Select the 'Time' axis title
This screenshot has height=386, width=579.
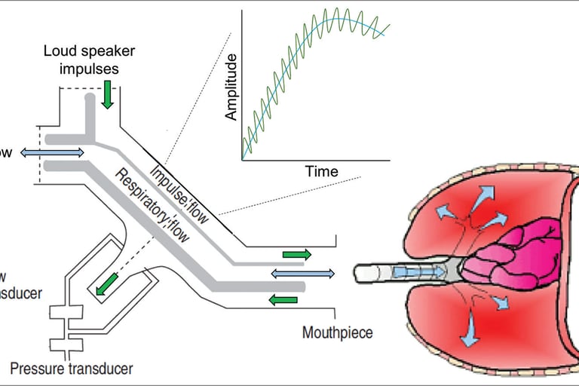click(321, 172)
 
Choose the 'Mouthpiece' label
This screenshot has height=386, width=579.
click(337, 332)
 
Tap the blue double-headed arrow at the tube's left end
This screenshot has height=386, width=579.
click(52, 153)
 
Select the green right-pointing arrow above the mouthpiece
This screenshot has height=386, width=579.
click(296, 255)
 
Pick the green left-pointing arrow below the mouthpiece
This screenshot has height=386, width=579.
click(283, 301)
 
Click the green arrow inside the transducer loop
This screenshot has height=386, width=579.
click(106, 283)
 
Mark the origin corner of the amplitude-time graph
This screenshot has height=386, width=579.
click(242, 158)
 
